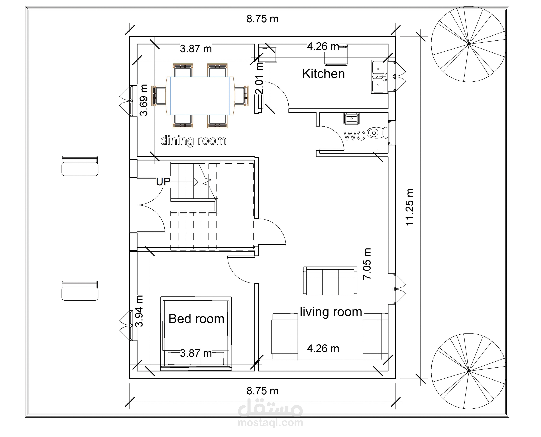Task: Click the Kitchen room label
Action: [323, 74]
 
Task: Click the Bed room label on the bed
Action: [196, 319]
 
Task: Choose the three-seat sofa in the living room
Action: [330, 281]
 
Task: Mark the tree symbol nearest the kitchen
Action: [469, 44]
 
